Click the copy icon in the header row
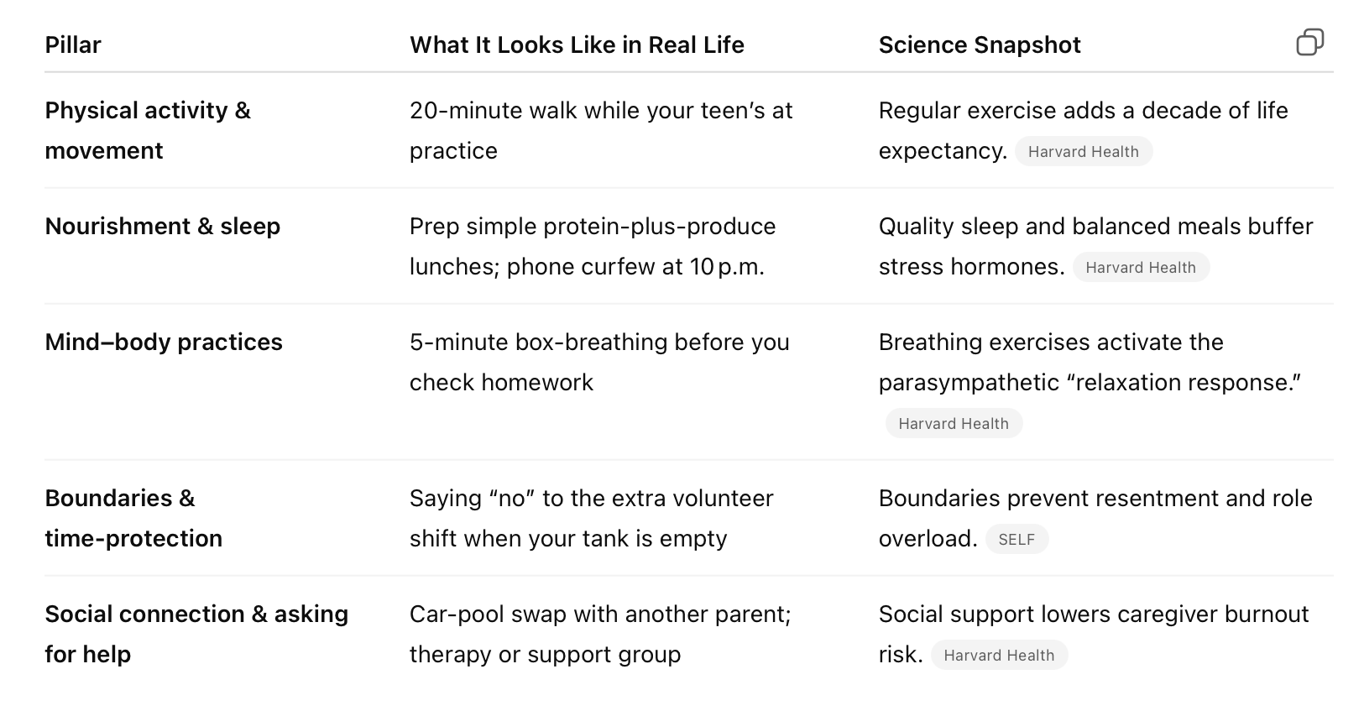point(1309,42)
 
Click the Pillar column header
point(73,45)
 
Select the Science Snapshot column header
point(980,45)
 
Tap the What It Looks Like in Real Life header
point(577,45)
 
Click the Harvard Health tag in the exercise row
point(1084,152)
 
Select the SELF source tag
point(1016,540)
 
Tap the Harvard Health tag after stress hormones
point(1141,267)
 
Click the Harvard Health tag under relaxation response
point(954,424)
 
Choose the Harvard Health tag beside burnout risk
point(999,655)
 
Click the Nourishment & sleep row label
point(163,227)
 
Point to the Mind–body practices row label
point(164,342)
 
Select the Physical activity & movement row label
point(148,131)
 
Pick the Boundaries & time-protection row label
point(134,519)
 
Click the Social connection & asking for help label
point(196,635)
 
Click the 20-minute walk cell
point(601,131)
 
